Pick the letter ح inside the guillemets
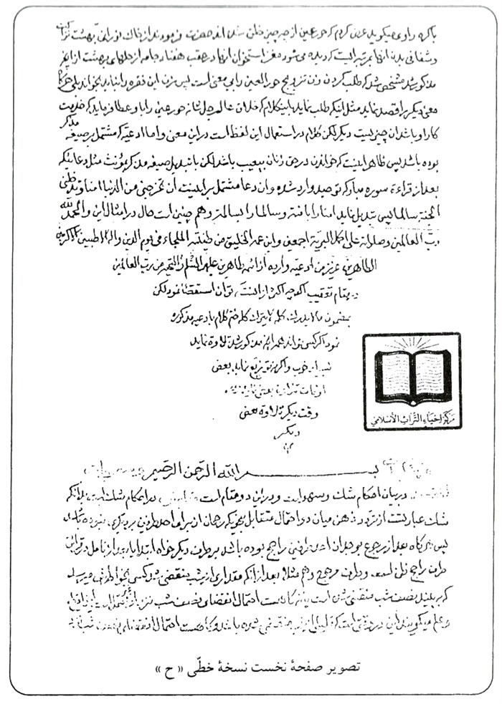[204, 667]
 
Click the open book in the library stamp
[412, 376]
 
